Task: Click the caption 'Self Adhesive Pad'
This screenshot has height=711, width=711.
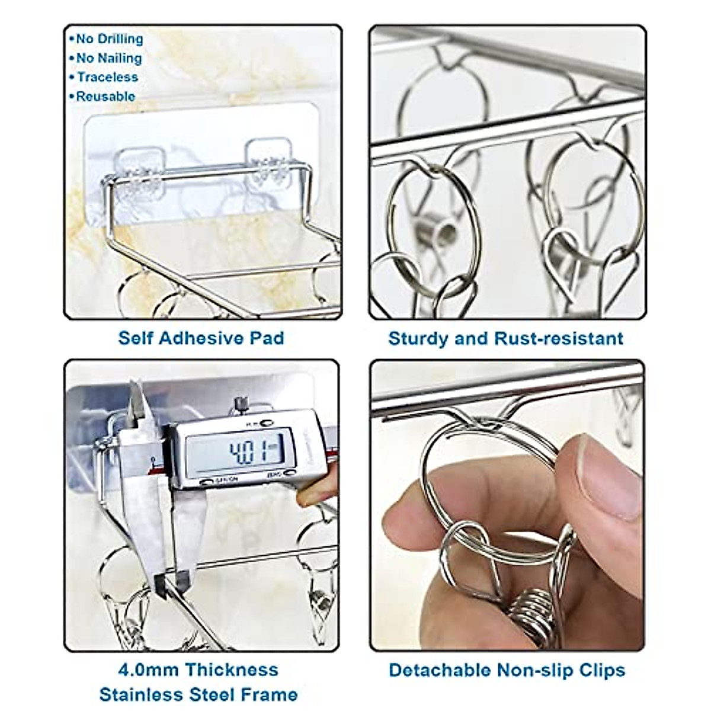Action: pos(201,338)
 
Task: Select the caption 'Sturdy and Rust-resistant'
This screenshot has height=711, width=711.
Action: pos(505,338)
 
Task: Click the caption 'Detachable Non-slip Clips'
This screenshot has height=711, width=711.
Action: pos(507,670)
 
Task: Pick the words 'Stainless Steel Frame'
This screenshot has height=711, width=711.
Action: pos(198,694)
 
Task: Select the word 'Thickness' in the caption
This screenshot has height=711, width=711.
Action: pos(230,670)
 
